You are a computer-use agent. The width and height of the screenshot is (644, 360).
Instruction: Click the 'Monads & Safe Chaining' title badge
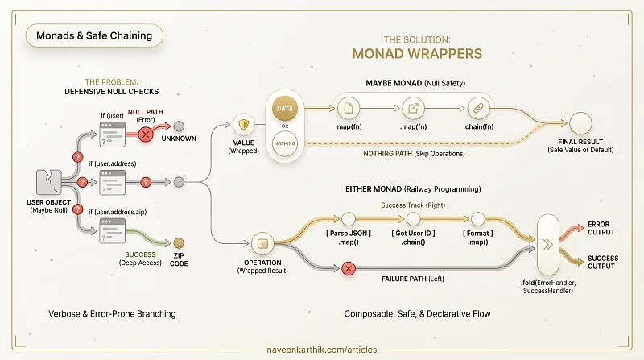[94, 35]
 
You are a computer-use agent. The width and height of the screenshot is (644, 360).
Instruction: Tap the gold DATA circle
[285, 109]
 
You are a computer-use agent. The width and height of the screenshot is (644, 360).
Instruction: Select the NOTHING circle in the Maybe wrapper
[285, 143]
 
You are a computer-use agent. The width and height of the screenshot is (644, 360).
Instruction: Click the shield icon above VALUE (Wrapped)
[244, 124]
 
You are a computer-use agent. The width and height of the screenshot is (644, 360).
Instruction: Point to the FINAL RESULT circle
[580, 123]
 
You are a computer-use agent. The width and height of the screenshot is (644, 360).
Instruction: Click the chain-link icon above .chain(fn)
[478, 108]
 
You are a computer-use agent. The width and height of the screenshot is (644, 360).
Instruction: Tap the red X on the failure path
[349, 269]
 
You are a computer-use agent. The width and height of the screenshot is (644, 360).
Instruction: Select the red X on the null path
[146, 134]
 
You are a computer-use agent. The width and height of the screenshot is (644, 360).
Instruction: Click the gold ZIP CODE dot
[179, 243]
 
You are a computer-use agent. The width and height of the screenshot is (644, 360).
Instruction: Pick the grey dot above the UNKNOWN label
[179, 126]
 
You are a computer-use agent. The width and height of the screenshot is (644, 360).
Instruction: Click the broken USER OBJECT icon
[49, 182]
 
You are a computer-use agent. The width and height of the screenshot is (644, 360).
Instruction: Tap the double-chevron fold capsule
[548, 245]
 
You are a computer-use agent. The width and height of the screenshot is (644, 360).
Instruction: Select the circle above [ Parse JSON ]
[349, 219]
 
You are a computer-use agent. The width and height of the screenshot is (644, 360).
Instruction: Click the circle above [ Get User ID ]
[413, 219]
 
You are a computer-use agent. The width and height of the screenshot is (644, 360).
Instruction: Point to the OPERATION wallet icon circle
[262, 244]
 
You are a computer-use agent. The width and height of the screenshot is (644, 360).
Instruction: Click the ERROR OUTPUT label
[601, 228]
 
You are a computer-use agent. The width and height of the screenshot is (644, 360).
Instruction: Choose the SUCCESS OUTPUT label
[603, 263]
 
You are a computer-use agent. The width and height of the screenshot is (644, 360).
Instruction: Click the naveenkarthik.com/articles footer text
[321, 350]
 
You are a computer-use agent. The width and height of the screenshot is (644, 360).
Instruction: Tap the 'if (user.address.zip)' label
[118, 212]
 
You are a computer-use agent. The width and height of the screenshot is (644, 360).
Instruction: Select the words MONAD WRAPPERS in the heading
[417, 54]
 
